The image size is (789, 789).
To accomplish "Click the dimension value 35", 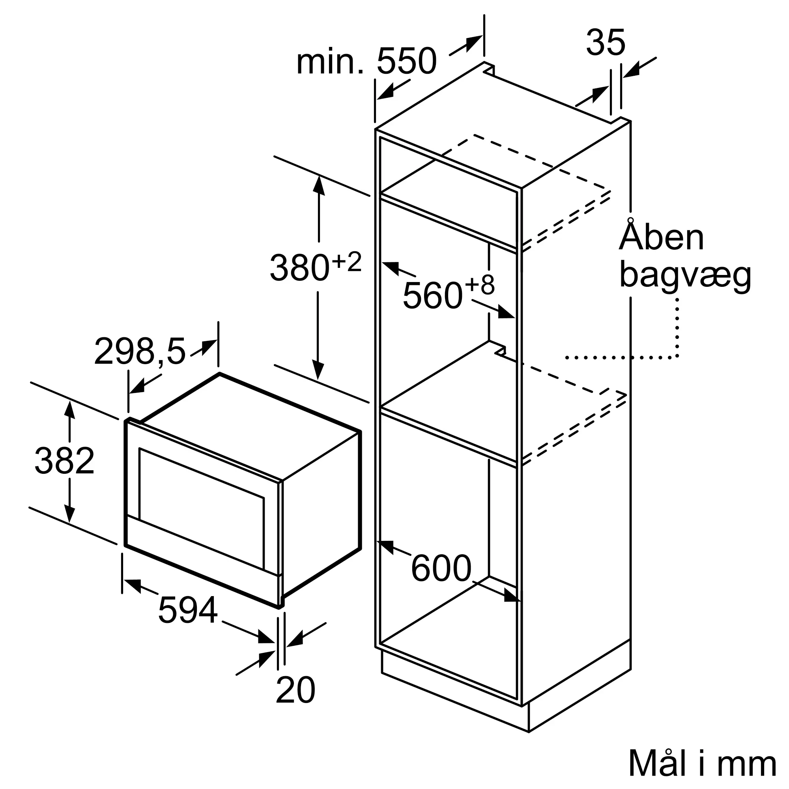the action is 605,43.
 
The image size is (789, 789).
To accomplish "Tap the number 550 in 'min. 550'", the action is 407,61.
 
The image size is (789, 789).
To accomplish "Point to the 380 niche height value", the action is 299,267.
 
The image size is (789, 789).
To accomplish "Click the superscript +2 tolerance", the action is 347,262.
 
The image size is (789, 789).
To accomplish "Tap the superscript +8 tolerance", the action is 480,285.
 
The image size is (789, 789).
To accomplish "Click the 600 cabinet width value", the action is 441,568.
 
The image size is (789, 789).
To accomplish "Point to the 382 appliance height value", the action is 65,461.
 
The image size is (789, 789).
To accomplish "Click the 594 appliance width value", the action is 187,610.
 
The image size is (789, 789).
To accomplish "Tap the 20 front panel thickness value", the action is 295,690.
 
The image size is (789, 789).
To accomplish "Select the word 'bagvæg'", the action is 685,275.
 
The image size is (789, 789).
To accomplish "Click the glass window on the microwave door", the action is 201,509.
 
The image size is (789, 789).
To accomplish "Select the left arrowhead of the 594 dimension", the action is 131,585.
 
